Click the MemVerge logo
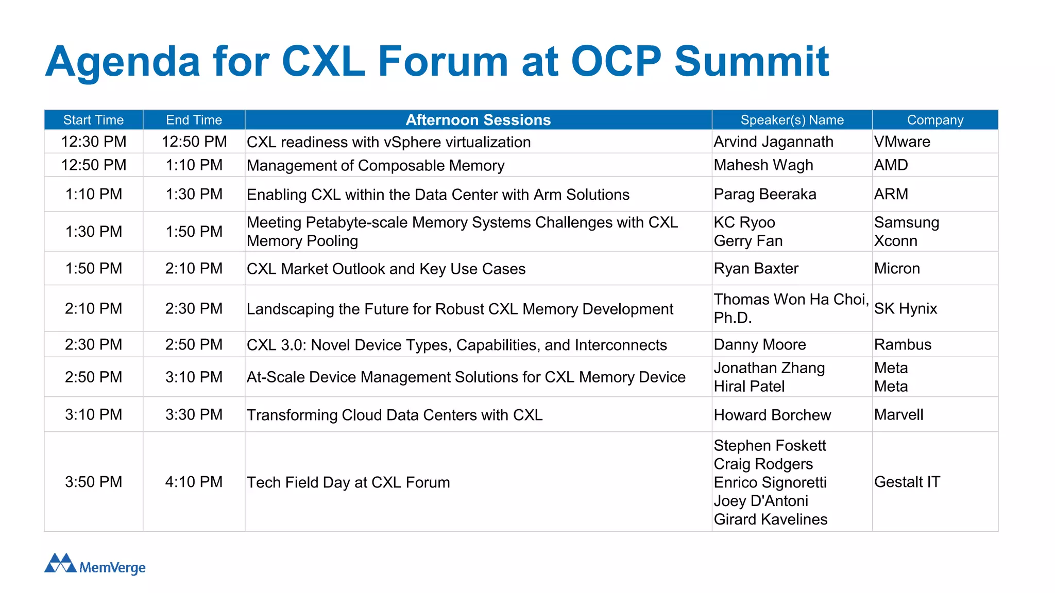[x=95, y=564]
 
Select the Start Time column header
[x=93, y=120]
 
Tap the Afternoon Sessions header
[x=478, y=120]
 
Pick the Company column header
[x=934, y=120]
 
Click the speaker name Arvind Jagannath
[x=773, y=142]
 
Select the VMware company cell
[x=901, y=142]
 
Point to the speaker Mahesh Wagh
[x=763, y=165]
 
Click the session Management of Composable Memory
[x=375, y=166]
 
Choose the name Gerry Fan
[x=747, y=241]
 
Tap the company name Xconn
[x=895, y=241]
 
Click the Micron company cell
[x=896, y=269]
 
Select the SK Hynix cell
[x=905, y=309]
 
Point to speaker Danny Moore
[x=759, y=345]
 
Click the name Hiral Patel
[x=748, y=387]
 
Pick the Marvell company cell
[x=898, y=415]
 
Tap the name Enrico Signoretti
[x=770, y=482]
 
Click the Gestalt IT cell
[x=907, y=482]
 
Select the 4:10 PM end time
[x=194, y=482]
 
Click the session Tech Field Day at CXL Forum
[x=348, y=483]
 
